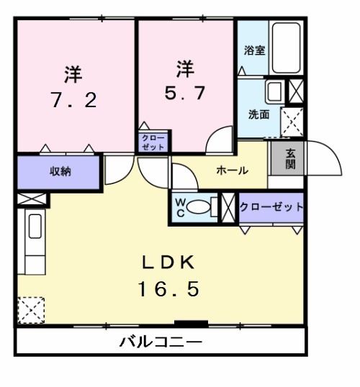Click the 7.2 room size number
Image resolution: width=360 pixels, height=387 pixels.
coord(73,100)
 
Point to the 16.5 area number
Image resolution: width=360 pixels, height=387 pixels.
coord(168,289)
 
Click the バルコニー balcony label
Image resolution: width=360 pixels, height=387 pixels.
coord(161,341)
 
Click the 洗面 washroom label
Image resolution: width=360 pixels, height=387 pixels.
coord(259,114)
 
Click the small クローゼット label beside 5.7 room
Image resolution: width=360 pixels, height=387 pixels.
coord(153,141)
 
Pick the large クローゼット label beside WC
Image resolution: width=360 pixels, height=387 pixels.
coord(271,207)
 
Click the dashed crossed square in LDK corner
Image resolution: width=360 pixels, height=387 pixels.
coord(31,310)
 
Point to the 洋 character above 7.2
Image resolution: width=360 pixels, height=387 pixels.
coord(73,73)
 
